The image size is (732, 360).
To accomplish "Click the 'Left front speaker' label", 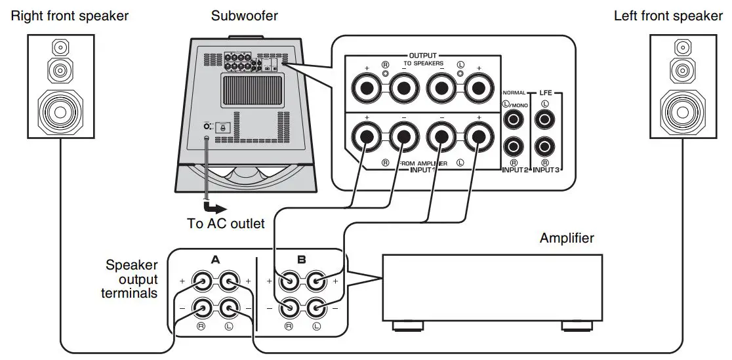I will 668,16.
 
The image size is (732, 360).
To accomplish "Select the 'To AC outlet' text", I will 226,224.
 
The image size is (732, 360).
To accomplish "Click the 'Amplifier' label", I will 567,238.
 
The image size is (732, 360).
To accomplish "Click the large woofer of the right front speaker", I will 60,111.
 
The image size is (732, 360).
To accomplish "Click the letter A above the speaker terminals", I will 214,260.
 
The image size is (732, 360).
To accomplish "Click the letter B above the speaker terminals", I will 301,260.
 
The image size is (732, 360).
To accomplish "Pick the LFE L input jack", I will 544,120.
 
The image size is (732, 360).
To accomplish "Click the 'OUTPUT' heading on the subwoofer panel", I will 422,54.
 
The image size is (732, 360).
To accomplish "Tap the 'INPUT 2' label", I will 515,170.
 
